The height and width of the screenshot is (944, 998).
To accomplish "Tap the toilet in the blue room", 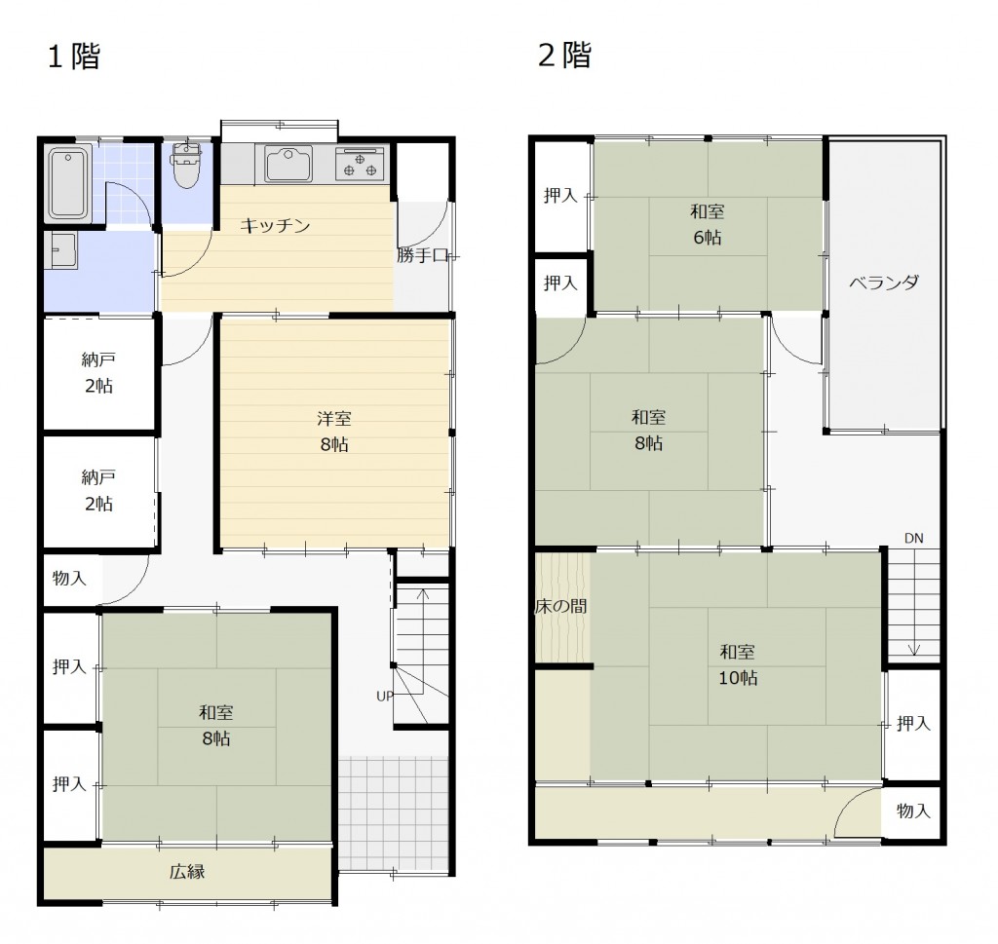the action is pyautogui.click(x=186, y=166).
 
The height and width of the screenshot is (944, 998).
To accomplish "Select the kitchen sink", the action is pyautogui.click(x=288, y=164).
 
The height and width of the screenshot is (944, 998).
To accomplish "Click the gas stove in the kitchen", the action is pyautogui.click(x=360, y=164).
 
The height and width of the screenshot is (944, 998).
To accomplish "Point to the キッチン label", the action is pyautogui.click(x=275, y=226).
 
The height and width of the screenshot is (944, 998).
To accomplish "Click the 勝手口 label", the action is pyautogui.click(x=423, y=255).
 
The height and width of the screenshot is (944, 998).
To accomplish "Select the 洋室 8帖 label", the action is pyautogui.click(x=334, y=432).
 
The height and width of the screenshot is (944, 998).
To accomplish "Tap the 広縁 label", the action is pyautogui.click(x=187, y=872).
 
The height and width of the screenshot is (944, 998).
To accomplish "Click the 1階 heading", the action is pyautogui.click(x=74, y=56).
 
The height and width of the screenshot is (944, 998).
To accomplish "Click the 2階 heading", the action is pyautogui.click(x=565, y=55).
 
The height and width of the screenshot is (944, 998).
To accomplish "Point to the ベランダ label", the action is pyautogui.click(x=884, y=283).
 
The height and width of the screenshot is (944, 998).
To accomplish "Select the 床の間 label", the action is pyautogui.click(x=560, y=606).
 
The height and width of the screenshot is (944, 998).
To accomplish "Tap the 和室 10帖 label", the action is pyautogui.click(x=738, y=664).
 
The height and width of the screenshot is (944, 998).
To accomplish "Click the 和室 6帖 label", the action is pyautogui.click(x=708, y=224).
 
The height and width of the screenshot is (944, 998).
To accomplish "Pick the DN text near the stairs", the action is pyautogui.click(x=913, y=538).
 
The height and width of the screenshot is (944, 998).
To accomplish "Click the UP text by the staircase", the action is pyautogui.click(x=384, y=697).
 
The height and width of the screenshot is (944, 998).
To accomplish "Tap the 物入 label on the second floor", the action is pyautogui.click(x=913, y=811).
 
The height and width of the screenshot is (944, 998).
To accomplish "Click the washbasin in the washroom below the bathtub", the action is pyautogui.click(x=61, y=250).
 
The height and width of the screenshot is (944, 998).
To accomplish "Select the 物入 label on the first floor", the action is pyautogui.click(x=69, y=579).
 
